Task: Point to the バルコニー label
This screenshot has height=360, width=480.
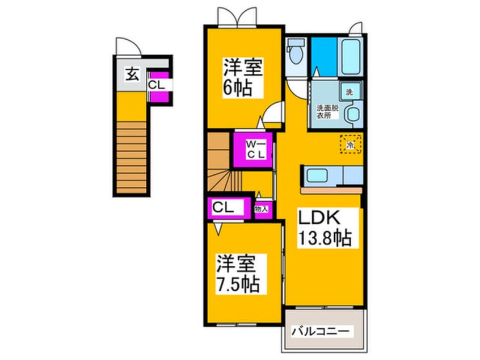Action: (322, 330)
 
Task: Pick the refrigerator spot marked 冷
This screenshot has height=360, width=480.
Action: (351, 145)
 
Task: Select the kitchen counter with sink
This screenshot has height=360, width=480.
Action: (331, 176)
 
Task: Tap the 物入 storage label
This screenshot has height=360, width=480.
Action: (262, 209)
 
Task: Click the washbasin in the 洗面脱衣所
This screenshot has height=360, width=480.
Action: (352, 113)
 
